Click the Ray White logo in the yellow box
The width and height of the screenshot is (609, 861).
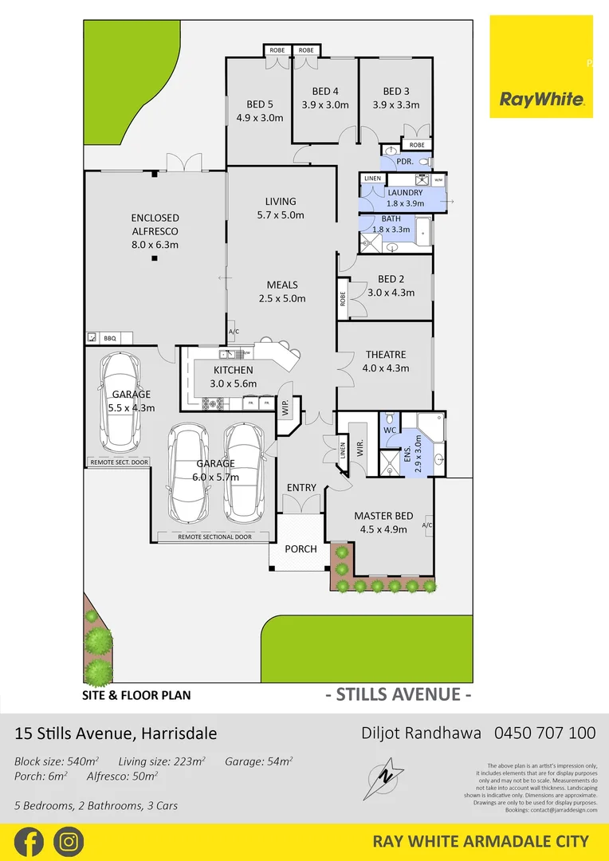[541, 99]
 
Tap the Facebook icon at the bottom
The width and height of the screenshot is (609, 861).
[29, 841]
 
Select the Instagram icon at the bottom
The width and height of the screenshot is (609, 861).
[69, 841]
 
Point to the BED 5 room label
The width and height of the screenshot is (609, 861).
[260, 104]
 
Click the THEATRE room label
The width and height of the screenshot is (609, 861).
[386, 355]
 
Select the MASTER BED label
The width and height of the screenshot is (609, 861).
[383, 516]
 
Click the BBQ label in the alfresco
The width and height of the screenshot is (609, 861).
[110, 338]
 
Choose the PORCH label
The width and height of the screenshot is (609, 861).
[301, 548]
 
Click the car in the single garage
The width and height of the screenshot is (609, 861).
[121, 401]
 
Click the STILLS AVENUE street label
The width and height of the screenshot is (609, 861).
[398, 694]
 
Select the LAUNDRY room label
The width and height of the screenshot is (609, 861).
[405, 193]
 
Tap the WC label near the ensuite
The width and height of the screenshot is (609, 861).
[390, 431]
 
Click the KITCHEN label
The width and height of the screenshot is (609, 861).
[234, 370]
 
